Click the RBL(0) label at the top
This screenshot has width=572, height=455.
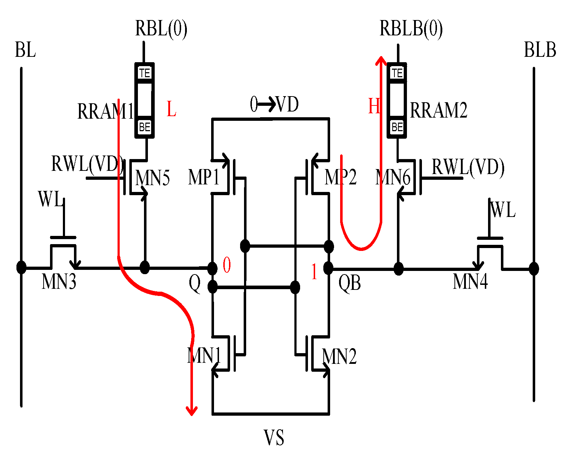161,29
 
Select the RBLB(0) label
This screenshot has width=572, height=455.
411,29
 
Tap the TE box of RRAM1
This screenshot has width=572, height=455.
145,73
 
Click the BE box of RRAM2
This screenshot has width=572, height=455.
397,127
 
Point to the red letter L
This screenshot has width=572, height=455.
171,109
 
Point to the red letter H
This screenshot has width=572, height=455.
374,107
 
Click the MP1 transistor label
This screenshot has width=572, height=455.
203,177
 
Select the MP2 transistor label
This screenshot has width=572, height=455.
340,177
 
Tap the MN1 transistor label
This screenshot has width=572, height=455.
204,356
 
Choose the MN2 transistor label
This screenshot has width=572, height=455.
339,357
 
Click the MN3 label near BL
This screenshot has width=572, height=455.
59,282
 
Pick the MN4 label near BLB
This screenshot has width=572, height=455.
470,282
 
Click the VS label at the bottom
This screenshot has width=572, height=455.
274,438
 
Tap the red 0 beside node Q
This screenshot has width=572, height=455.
227,265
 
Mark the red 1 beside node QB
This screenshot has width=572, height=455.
314,272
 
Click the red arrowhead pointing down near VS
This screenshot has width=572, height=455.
192,411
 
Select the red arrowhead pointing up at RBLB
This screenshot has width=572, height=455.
381,61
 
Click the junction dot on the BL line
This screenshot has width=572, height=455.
21,267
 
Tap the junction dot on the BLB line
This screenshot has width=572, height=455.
534,268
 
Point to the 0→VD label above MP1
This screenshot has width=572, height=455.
274,105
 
